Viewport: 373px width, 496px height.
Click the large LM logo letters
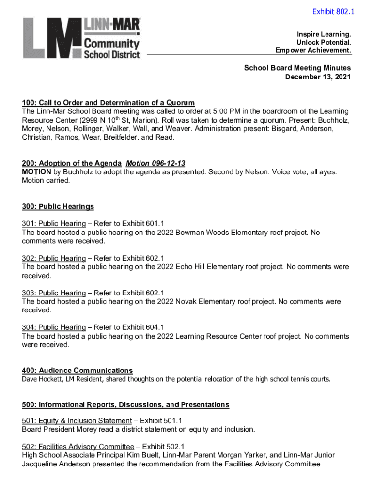[51, 39]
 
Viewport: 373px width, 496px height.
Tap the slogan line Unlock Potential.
[324, 43]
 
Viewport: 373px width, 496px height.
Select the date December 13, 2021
[318, 77]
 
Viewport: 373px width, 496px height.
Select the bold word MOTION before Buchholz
[36, 172]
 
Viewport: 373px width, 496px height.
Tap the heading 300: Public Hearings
[58, 207]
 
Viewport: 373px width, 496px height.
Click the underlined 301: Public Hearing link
[54, 223]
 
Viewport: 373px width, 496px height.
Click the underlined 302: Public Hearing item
[54, 258]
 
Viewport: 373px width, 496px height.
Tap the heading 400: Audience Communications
[77, 371]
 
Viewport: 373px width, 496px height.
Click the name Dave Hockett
[41, 379]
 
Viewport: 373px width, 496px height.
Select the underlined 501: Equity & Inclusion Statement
[77, 421]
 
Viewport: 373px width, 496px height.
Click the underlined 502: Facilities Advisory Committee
[78, 447]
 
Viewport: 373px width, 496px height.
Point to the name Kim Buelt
[133, 455]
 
